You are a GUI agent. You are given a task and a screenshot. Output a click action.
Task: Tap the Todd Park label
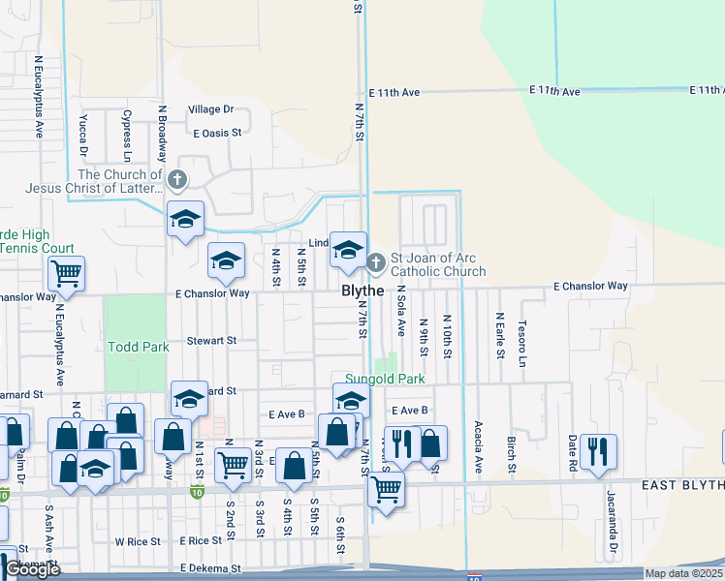tap(139, 347)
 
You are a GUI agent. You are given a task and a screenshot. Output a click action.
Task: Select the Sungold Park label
tap(386, 379)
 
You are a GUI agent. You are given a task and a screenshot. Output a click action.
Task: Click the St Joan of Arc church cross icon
tap(377, 260)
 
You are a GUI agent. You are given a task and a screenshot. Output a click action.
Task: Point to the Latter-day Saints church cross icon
tap(176, 179)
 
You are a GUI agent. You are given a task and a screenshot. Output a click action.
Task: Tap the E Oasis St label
tap(217, 133)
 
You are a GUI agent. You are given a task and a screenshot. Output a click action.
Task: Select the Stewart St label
tap(212, 341)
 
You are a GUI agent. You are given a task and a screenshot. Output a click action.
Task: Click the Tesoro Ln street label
tap(521, 344)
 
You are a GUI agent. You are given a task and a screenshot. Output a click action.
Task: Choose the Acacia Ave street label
tap(478, 446)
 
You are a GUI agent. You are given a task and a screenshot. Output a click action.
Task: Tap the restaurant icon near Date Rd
tap(598, 450)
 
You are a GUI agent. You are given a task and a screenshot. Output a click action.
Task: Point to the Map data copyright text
tap(684, 573)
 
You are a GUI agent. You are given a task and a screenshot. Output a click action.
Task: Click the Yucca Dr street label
tap(83, 138)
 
